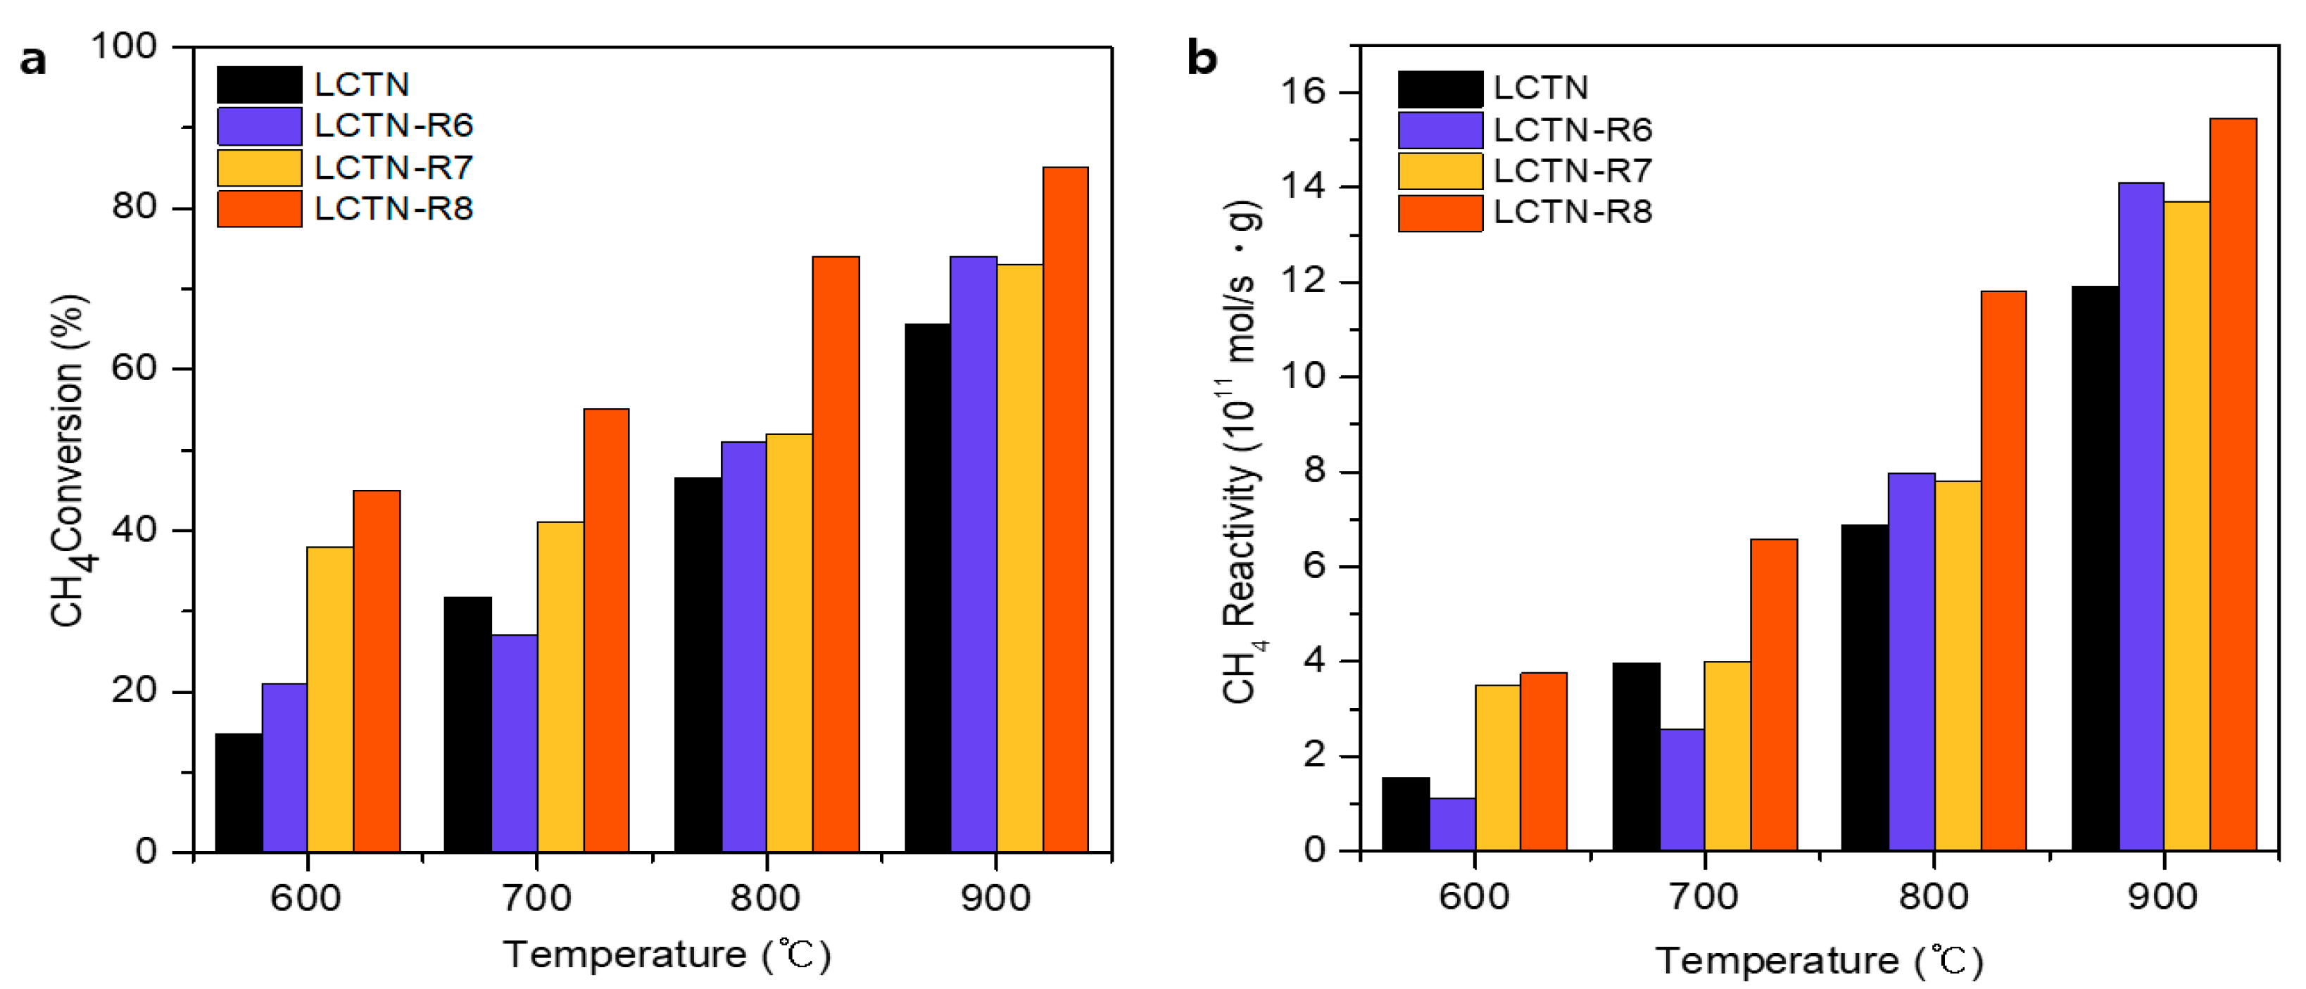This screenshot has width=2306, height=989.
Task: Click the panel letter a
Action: click(x=33, y=61)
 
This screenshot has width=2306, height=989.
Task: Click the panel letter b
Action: click(x=1202, y=59)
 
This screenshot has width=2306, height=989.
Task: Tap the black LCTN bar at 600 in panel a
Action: click(x=239, y=792)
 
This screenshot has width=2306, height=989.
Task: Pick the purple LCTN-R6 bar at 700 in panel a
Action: click(x=515, y=743)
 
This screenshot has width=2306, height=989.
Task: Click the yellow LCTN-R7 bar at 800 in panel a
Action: click(x=790, y=642)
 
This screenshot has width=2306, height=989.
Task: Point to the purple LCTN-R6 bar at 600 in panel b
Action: click(x=1452, y=824)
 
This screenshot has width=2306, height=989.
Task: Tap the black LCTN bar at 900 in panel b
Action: click(x=2095, y=567)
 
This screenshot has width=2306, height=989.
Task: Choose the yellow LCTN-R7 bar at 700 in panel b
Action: click(x=1727, y=755)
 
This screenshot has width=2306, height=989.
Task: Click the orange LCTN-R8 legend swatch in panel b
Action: click(x=1440, y=213)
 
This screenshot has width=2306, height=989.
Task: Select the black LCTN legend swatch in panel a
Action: click(x=260, y=84)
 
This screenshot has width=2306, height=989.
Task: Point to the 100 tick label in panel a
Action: click(x=124, y=46)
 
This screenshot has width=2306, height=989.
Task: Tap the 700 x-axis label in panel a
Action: click(x=536, y=897)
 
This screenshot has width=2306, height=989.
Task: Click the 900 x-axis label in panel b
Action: click(x=2163, y=895)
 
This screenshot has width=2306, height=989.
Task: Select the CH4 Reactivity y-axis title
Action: click(x=1242, y=452)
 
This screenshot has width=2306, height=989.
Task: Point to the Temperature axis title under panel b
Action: click(x=1819, y=960)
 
